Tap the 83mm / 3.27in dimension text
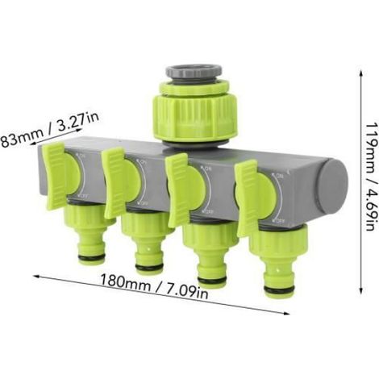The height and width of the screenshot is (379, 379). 49,131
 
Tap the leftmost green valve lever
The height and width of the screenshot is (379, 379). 56,176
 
